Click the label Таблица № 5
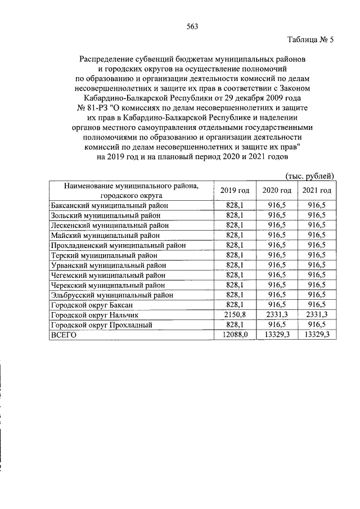tap(310, 40)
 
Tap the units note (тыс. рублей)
tap(310, 176)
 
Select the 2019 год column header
tap(235, 190)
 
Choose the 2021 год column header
tap(317, 190)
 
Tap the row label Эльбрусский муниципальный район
tap(112, 295)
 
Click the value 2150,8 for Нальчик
tap(235, 315)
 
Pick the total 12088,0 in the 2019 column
tap(235, 335)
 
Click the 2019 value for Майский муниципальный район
tap(235, 235)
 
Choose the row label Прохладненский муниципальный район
tap(120, 245)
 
